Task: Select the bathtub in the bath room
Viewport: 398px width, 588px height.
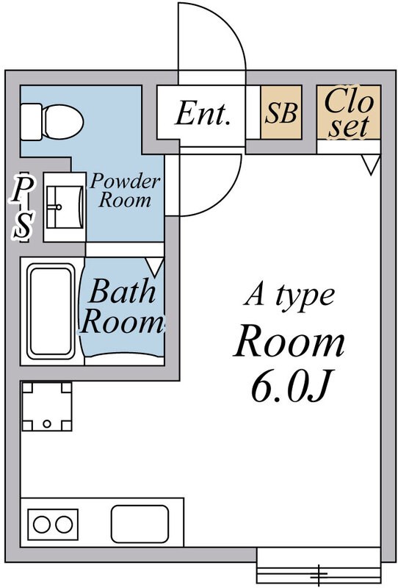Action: point(51,310)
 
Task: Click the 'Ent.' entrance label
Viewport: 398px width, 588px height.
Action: point(203,114)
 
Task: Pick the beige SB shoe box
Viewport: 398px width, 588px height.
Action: point(281,114)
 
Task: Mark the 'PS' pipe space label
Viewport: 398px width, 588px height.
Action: point(24,208)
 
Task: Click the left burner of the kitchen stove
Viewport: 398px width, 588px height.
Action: point(40,525)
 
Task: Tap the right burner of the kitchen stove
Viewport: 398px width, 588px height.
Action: point(64,525)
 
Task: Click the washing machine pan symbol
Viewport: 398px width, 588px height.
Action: point(48,406)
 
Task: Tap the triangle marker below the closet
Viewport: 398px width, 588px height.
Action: point(372,164)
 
